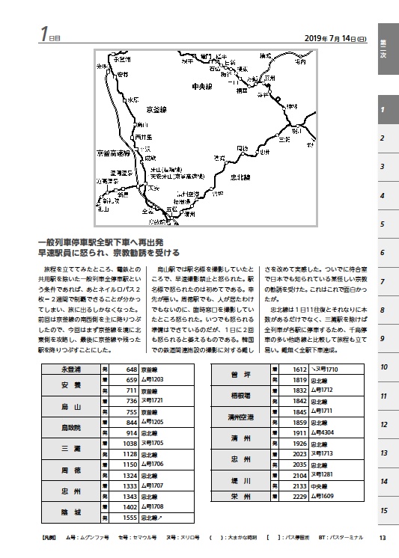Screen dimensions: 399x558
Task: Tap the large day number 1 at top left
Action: (x=45, y=34)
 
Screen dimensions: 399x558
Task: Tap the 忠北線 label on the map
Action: (x=240, y=177)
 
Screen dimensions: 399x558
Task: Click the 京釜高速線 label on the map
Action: (x=113, y=154)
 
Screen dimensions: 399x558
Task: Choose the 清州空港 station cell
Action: (x=244, y=417)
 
